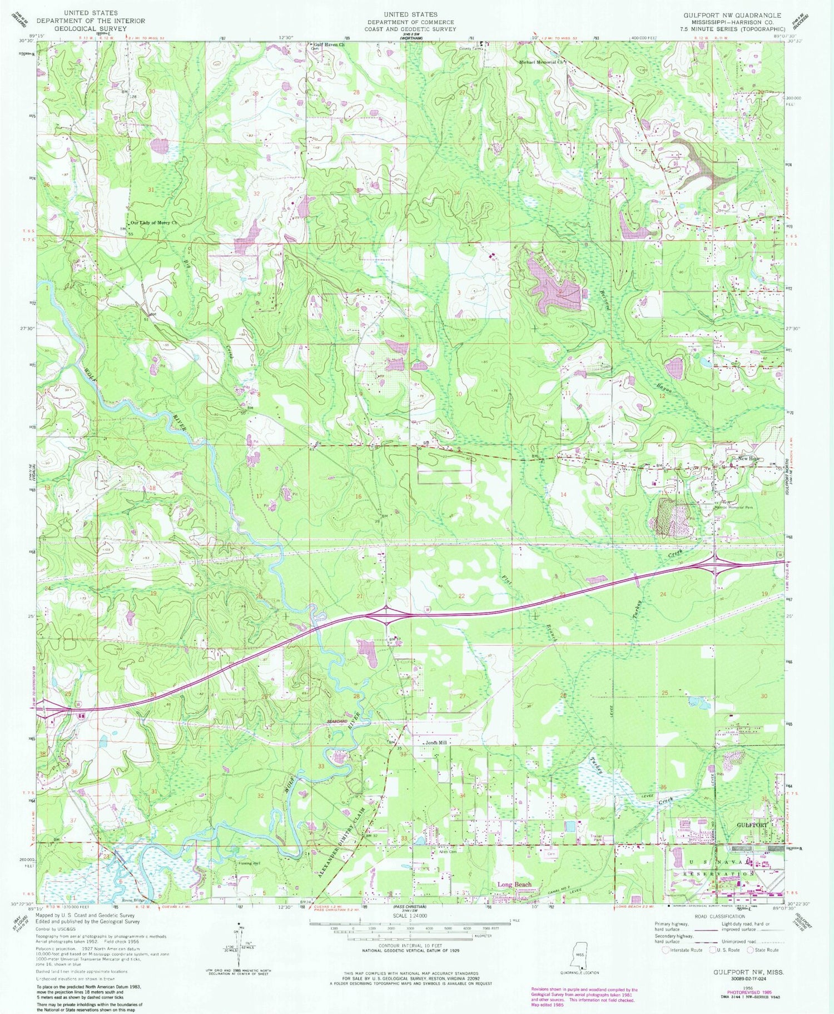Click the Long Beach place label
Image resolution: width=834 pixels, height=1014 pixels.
point(514,884)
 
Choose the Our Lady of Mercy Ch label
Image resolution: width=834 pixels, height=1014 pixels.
point(153,223)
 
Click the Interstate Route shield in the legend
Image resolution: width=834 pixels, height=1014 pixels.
point(666,950)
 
